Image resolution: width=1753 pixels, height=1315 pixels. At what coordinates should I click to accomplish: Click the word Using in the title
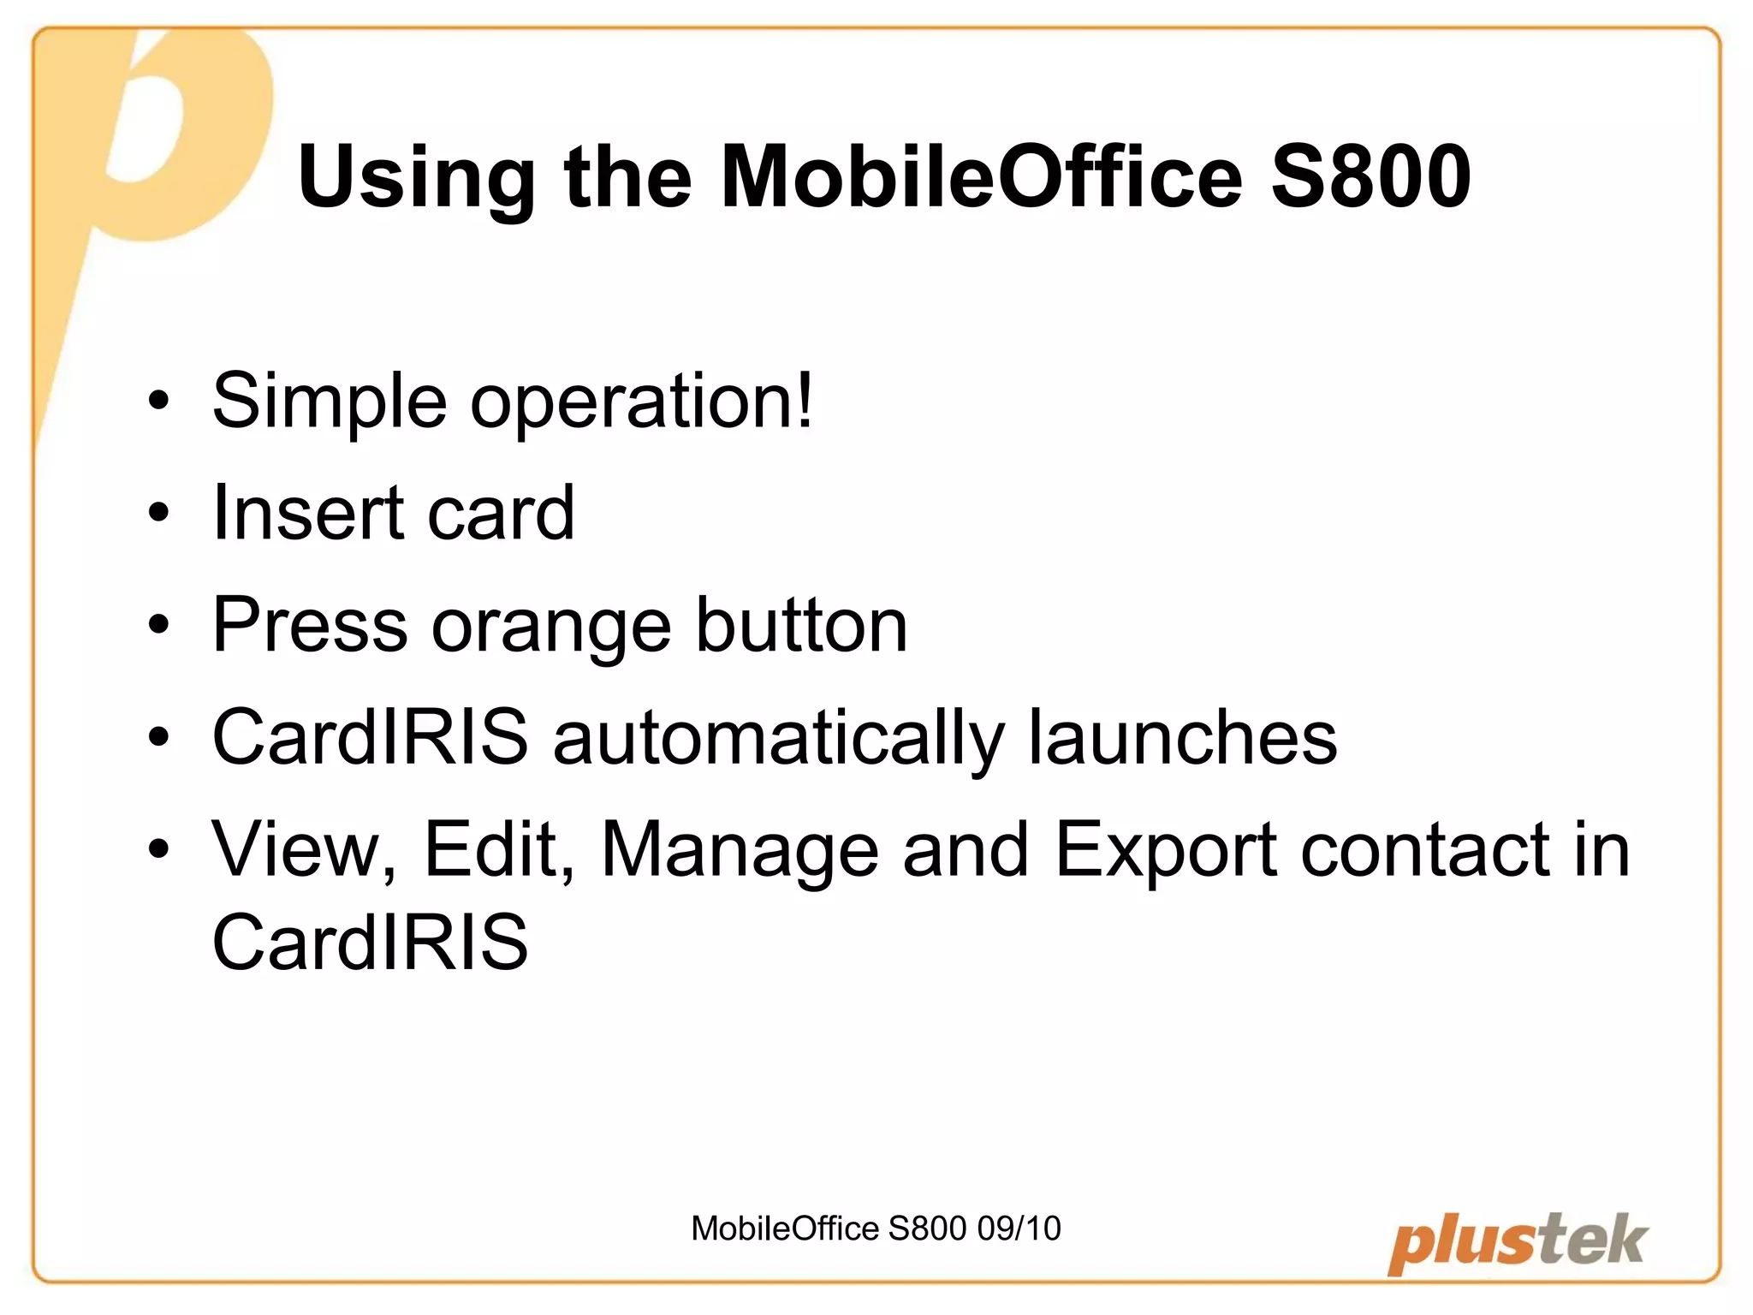tap(416, 178)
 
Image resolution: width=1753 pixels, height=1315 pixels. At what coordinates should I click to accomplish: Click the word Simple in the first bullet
tap(330, 402)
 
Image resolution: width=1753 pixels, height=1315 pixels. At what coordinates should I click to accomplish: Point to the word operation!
tap(642, 402)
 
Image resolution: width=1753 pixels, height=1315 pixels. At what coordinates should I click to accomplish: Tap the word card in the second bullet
tap(501, 514)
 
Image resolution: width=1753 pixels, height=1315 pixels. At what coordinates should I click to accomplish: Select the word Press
tap(310, 625)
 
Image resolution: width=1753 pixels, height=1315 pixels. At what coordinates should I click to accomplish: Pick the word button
tap(801, 625)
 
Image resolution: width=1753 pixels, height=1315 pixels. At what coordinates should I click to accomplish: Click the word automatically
tap(778, 739)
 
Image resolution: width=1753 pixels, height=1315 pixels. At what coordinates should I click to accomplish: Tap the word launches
tap(1182, 737)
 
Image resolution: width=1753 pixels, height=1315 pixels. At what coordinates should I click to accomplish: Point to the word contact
tap(1425, 850)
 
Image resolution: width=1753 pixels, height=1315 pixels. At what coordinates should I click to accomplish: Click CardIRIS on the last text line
tap(370, 942)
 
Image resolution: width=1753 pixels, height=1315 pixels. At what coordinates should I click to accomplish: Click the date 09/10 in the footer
tap(1019, 1229)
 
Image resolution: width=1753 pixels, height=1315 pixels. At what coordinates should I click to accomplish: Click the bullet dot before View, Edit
tap(158, 849)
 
